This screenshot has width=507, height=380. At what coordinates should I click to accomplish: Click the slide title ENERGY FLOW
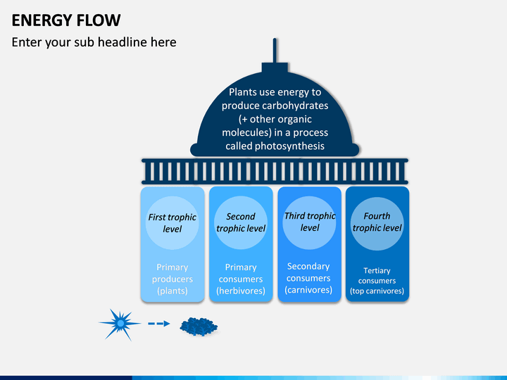[66, 20]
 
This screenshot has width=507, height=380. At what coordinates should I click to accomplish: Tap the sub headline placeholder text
[94, 42]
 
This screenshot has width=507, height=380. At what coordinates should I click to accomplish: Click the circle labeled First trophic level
[172, 222]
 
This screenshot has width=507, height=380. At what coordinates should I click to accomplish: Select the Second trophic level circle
[241, 222]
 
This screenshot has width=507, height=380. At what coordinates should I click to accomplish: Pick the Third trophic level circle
[309, 222]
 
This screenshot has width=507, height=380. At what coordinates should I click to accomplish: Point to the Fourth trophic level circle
[377, 224]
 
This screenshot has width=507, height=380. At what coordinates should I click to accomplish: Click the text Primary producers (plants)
[173, 279]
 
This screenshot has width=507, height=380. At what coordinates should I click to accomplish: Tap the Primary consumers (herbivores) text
[241, 279]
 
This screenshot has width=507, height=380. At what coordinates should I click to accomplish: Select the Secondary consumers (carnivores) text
[308, 278]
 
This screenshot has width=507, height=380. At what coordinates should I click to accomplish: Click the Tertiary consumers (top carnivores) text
[377, 281]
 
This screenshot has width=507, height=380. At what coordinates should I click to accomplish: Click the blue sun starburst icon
[120, 324]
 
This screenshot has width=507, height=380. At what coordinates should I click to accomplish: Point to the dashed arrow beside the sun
[158, 324]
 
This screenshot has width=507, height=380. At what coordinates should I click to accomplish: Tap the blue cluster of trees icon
[199, 327]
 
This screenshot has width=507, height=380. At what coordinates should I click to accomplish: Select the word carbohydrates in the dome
[295, 106]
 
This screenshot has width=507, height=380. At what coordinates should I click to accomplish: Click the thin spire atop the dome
[275, 51]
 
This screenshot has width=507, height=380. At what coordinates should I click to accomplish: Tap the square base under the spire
[275, 68]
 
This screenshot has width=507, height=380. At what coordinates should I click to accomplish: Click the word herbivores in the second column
[241, 291]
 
